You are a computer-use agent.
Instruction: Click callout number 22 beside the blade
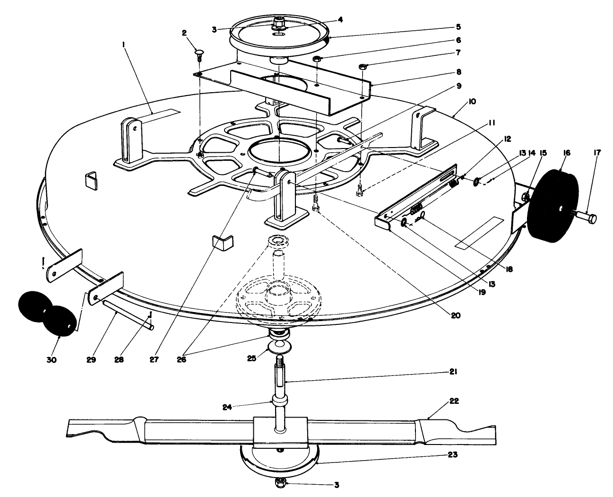(x=454, y=401)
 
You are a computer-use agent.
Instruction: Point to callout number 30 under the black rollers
(x=52, y=360)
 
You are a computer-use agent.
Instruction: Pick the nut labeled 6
(x=317, y=59)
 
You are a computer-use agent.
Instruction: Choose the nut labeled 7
(x=362, y=67)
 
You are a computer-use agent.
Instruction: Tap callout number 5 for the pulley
(x=458, y=27)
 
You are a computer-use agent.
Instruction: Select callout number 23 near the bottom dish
(x=452, y=454)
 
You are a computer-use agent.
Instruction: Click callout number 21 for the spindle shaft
(x=453, y=372)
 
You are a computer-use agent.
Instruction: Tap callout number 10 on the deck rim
(x=472, y=102)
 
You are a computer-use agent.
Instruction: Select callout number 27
(x=154, y=360)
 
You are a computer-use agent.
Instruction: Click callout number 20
(x=456, y=315)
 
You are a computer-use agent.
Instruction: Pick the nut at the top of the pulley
(x=278, y=22)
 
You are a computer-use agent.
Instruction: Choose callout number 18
(x=509, y=269)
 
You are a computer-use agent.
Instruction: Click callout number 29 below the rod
(x=91, y=360)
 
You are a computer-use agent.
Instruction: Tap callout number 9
(x=459, y=86)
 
